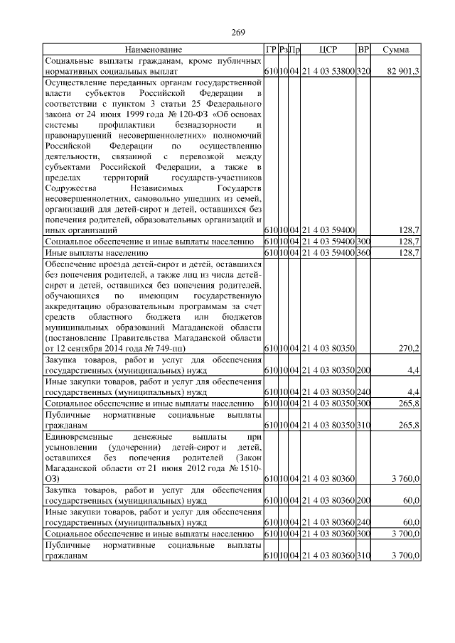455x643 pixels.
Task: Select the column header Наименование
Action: click(154, 50)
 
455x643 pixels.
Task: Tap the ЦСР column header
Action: click(328, 50)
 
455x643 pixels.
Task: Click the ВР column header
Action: click(363, 50)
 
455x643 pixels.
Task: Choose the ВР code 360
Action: click(363, 252)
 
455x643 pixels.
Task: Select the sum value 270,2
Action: click(408, 348)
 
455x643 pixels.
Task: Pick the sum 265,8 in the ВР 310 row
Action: click(408, 424)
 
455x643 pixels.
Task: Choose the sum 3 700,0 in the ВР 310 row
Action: click(404, 555)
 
